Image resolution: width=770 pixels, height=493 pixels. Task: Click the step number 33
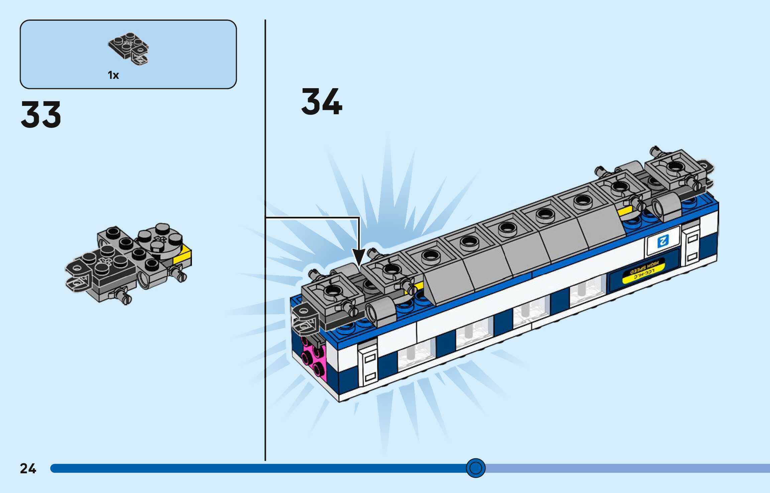pyautogui.click(x=41, y=115)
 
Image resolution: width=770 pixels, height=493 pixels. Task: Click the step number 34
pyautogui.click(x=322, y=102)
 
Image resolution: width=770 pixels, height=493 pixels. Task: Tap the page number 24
pyautogui.click(x=28, y=468)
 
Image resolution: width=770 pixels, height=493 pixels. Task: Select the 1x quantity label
pyautogui.click(x=113, y=75)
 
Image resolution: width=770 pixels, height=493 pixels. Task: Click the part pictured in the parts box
pyautogui.click(x=129, y=48)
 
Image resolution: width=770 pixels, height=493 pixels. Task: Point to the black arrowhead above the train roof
pyautogui.click(x=359, y=258)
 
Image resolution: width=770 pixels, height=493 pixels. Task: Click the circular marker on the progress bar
pyautogui.click(x=475, y=468)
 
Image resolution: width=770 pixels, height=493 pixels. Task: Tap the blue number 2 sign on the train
pyautogui.click(x=663, y=240)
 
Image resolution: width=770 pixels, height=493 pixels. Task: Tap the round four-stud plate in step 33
pyautogui.click(x=160, y=238)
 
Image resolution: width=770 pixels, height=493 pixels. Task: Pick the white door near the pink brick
pyautogui.click(x=368, y=364)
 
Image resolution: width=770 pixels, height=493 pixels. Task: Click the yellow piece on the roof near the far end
pyautogui.click(x=625, y=211)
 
